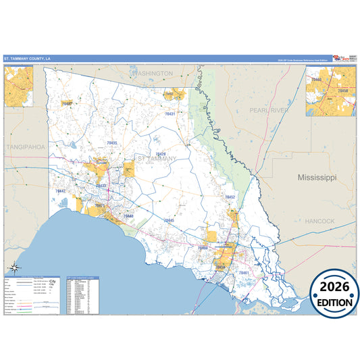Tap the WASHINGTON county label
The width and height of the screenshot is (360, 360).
(x=154, y=72)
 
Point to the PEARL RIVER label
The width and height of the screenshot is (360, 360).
(x=268, y=109)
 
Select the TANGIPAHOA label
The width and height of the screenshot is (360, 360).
(x=25, y=146)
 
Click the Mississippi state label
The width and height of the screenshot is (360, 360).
(x=317, y=177)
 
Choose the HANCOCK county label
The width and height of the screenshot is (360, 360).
(x=319, y=221)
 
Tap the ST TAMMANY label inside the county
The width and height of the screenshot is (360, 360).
(x=157, y=159)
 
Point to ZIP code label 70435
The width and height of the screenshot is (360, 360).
(x=112, y=143)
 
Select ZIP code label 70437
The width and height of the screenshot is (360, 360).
(x=66, y=104)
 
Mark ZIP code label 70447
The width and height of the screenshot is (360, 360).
(x=61, y=191)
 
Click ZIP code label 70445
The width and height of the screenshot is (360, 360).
(x=169, y=221)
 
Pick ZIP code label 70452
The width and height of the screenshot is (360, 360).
(x=230, y=197)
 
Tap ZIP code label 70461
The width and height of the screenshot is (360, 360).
(x=245, y=272)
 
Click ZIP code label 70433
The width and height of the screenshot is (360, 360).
(x=101, y=185)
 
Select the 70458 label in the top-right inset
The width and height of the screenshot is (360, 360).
(x=343, y=90)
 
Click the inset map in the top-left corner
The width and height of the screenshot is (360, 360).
(x=19, y=86)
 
